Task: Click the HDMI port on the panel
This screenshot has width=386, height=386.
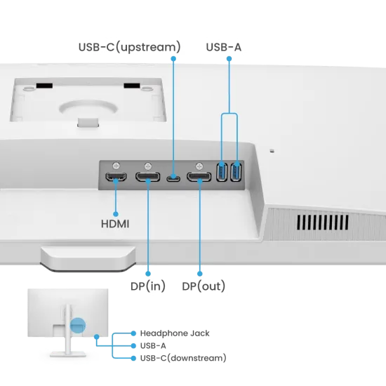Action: click(116, 176)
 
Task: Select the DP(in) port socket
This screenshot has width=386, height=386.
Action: click(147, 177)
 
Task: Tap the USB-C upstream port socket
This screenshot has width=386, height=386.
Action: click(173, 178)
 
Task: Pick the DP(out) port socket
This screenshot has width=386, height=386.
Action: click(199, 177)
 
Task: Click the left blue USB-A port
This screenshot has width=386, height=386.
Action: click(222, 172)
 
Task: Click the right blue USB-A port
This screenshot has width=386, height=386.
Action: click(236, 172)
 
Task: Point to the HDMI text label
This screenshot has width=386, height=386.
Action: click(115, 224)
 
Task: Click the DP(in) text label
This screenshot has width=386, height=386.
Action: click(148, 286)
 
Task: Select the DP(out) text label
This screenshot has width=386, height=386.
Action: click(204, 286)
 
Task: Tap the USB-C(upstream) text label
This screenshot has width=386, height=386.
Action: click(130, 47)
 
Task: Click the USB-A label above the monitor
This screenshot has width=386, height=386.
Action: click(223, 47)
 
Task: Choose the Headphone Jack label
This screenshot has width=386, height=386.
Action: click(175, 333)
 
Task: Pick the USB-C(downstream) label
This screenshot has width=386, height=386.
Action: click(183, 358)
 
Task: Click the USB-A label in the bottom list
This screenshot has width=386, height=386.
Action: click(153, 346)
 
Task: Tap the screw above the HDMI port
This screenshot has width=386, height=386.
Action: click(117, 166)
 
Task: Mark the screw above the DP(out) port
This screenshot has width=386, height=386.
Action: click(199, 166)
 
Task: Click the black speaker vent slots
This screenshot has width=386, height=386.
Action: click(323, 222)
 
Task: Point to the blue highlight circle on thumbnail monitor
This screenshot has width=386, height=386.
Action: click(78, 325)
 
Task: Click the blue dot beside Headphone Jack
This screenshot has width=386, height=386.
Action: click(133, 333)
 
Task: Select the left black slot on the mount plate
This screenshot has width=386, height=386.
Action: click(44, 86)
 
